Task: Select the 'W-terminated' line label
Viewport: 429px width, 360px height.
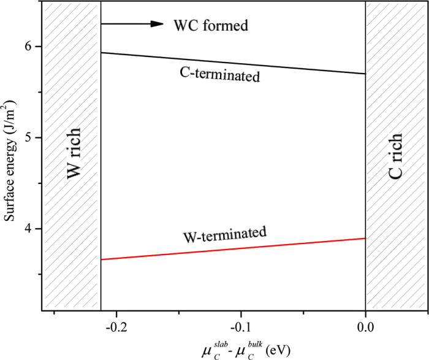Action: click(x=225, y=235)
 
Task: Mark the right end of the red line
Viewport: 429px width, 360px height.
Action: click(x=365, y=239)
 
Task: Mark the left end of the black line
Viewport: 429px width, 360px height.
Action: click(x=101, y=53)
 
